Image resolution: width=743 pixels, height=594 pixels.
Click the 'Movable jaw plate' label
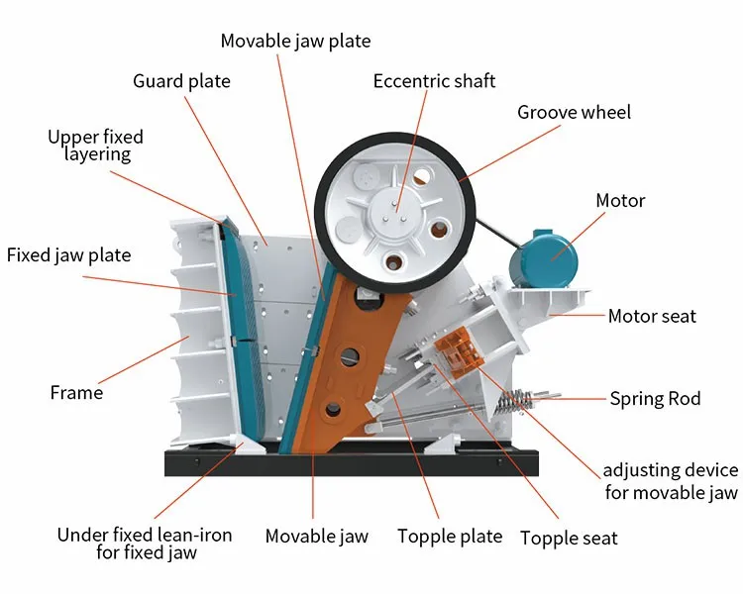click(x=295, y=42)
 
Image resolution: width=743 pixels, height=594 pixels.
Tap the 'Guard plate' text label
click(x=181, y=81)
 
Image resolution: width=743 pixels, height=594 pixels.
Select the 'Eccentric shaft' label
click(x=434, y=81)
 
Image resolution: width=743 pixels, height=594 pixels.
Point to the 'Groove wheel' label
click(x=574, y=113)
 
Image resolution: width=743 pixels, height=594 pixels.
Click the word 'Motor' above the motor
click(x=620, y=201)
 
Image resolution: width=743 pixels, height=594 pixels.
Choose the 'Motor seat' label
click(x=652, y=316)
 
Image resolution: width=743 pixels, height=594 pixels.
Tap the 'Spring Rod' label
click(x=655, y=399)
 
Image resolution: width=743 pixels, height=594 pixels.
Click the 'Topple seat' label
click(x=569, y=539)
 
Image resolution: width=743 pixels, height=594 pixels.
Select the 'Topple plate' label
click(x=450, y=537)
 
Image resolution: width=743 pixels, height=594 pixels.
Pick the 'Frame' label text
click(x=76, y=393)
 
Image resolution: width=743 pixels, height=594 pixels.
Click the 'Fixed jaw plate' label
click(x=68, y=255)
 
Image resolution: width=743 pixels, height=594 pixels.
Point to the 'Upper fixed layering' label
click(x=96, y=146)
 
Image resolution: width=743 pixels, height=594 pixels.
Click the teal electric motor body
click(x=544, y=258)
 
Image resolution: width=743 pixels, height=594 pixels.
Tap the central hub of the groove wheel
click(x=394, y=209)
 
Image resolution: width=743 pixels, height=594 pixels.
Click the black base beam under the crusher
click(x=351, y=462)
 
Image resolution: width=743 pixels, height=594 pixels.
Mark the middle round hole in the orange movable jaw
click(x=350, y=356)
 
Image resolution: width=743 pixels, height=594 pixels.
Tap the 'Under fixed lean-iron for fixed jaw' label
click(x=145, y=544)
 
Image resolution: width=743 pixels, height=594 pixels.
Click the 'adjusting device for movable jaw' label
click(x=671, y=481)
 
